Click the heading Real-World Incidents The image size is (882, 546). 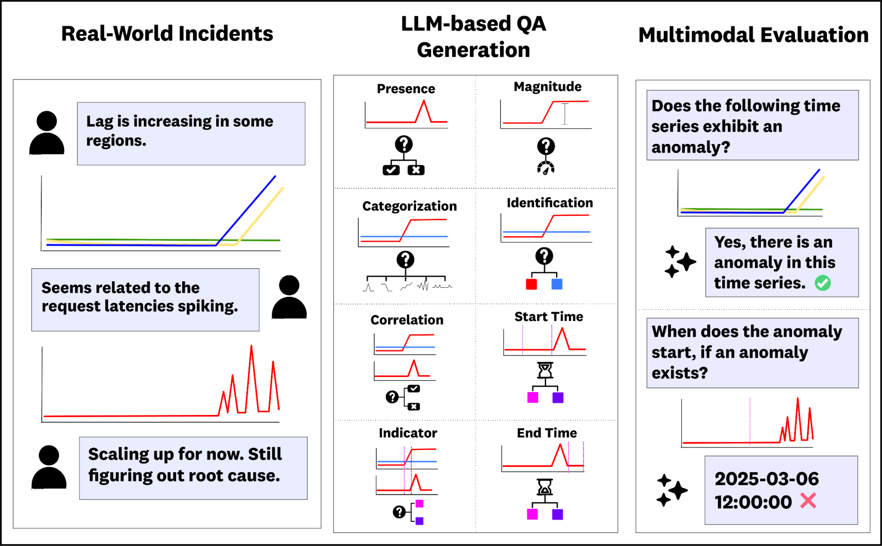[167, 34]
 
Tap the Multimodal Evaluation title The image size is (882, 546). [753, 35]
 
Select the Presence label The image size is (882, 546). [405, 89]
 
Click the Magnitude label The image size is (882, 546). [547, 87]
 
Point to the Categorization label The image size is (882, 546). [409, 206]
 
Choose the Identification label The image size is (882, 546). [549, 203]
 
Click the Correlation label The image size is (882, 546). [406, 320]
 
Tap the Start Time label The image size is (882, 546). [548, 316]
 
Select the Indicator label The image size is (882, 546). [407, 433]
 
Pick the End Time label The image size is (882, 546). [546, 433]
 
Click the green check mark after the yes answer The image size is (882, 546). [822, 283]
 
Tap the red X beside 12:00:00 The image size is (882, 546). [808, 501]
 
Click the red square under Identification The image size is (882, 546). [531, 284]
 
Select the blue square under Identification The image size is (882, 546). [557, 284]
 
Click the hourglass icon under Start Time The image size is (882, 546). [545, 370]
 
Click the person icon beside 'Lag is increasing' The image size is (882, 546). [47, 133]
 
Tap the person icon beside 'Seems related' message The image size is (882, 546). [289, 297]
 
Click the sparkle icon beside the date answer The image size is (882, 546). [672, 490]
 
